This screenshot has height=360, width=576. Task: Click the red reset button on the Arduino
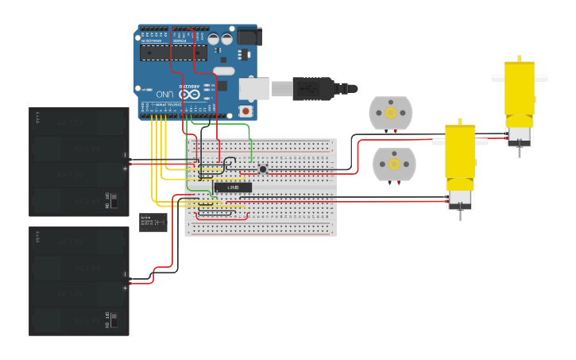pos(245,111)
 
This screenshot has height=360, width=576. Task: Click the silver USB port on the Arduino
pos(253,87)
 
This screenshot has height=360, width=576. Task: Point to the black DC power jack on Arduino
pos(249,37)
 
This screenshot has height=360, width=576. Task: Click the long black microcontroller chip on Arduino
pos(173,52)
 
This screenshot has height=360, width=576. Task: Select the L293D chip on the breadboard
pos(233,188)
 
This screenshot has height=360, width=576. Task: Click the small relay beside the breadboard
pos(153,222)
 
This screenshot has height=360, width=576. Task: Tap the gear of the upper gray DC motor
pos(391,113)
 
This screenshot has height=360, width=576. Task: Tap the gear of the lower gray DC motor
pos(393,163)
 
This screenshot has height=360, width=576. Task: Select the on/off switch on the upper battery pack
pos(114,200)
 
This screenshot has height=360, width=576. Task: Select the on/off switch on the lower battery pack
pos(114,320)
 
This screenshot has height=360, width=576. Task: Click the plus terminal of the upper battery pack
pos(125,168)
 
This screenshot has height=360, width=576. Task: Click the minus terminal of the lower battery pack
pos(125,275)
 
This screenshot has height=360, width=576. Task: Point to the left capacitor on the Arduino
pos(213,38)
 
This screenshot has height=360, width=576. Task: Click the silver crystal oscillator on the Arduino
pos(224,71)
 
